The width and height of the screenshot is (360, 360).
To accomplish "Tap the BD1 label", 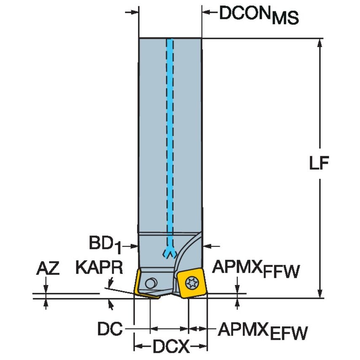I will pyautogui.click(x=104, y=244).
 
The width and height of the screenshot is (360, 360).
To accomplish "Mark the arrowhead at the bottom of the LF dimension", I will pyautogui.click(x=320, y=293).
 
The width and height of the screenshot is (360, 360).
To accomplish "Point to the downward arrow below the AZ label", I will pyautogui.click(x=46, y=288).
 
